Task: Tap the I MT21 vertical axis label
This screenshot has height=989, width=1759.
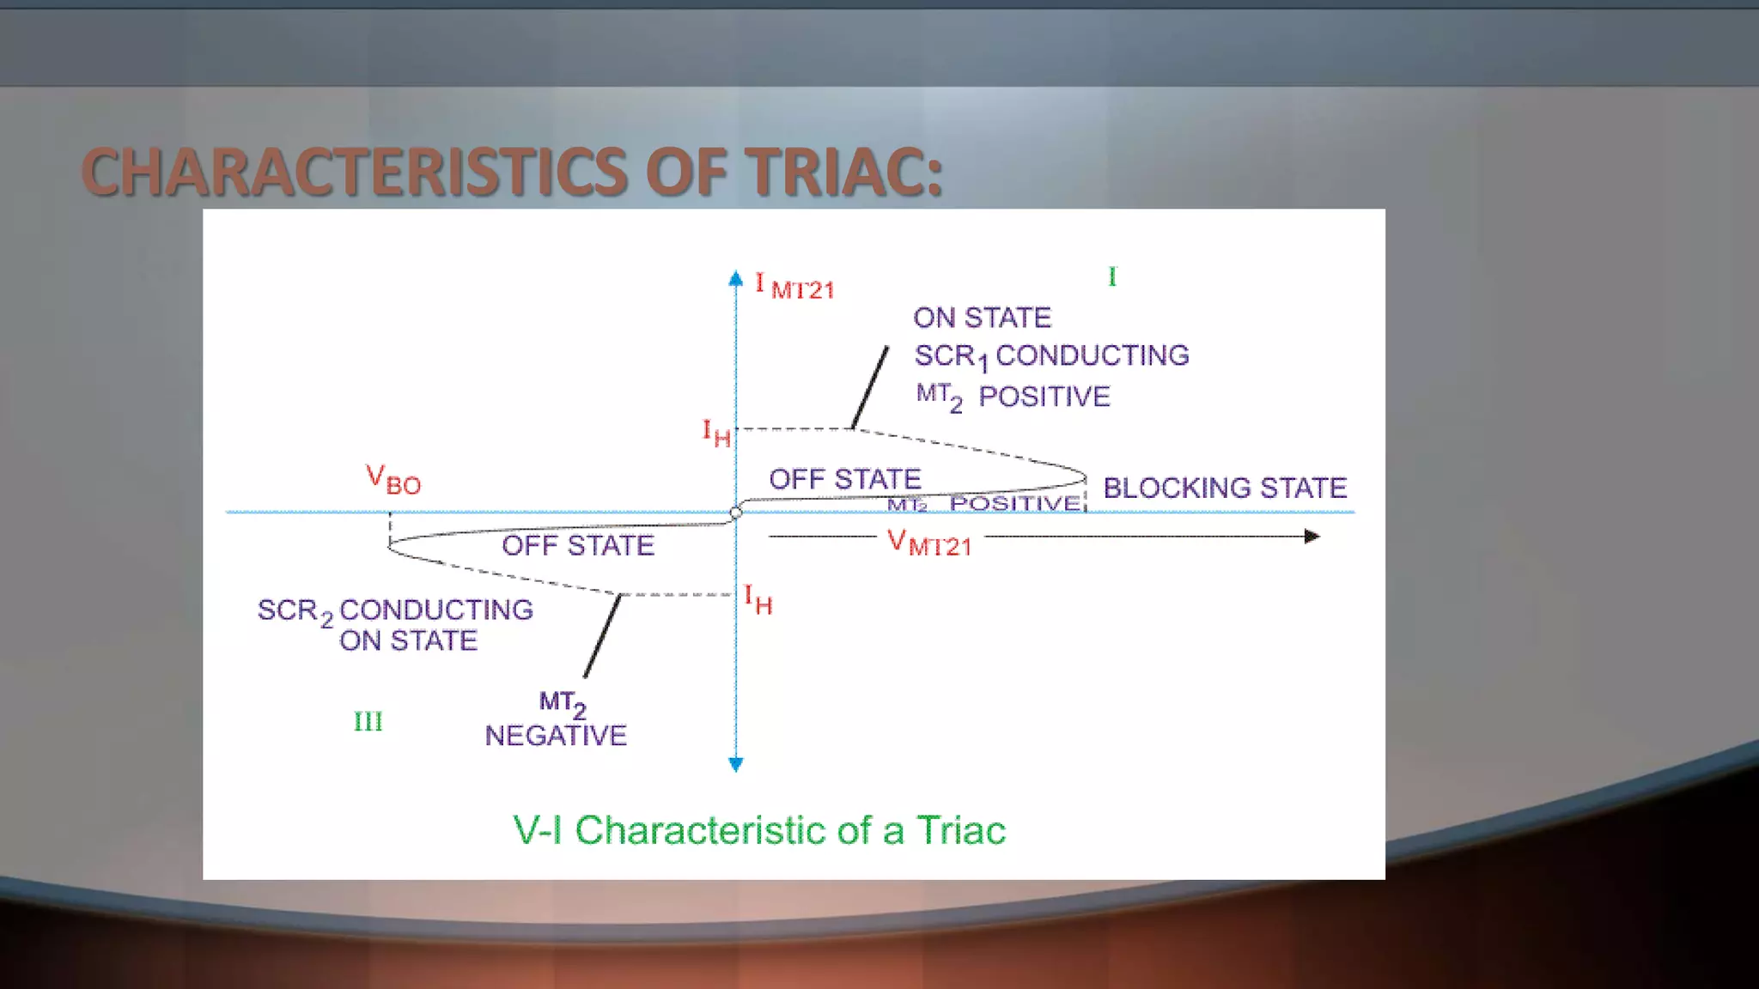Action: coord(794,287)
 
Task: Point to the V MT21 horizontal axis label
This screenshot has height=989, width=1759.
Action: coord(929,543)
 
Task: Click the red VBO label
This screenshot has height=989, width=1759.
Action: coord(393,480)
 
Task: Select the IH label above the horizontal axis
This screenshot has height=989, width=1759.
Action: coord(716,433)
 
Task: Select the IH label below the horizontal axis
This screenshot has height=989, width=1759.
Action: coord(758,599)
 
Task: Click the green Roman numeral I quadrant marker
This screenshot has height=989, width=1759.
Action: coord(1112,276)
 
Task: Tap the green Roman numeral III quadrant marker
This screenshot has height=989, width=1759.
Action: coord(368,721)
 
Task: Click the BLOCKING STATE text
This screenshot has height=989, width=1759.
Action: coord(1225,488)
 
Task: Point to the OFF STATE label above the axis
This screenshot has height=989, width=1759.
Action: coord(844,479)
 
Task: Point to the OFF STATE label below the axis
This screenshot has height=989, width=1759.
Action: coord(578,545)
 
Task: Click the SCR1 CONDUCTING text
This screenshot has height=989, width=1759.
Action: coord(1051,355)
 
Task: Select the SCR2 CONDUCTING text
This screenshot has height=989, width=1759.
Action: coord(395,610)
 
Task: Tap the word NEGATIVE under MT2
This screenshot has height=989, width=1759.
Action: coord(556,736)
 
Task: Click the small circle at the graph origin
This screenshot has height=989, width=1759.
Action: coord(736,513)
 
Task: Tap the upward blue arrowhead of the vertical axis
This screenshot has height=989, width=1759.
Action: coord(736,278)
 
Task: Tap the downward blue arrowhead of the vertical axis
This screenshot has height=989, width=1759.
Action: coord(736,764)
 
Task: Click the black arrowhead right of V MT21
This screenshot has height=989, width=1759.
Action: coord(1312,537)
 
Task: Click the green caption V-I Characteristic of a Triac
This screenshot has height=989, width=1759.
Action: coord(759,830)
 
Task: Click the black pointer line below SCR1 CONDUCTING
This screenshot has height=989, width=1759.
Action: coord(870,386)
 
